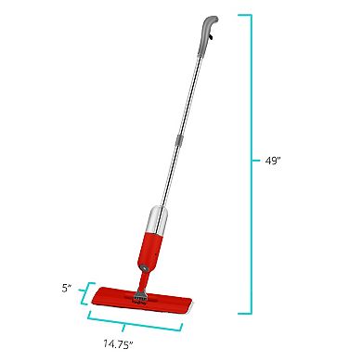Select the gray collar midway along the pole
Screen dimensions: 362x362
tap(182, 141)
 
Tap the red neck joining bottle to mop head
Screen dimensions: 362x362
tap(144, 277)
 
